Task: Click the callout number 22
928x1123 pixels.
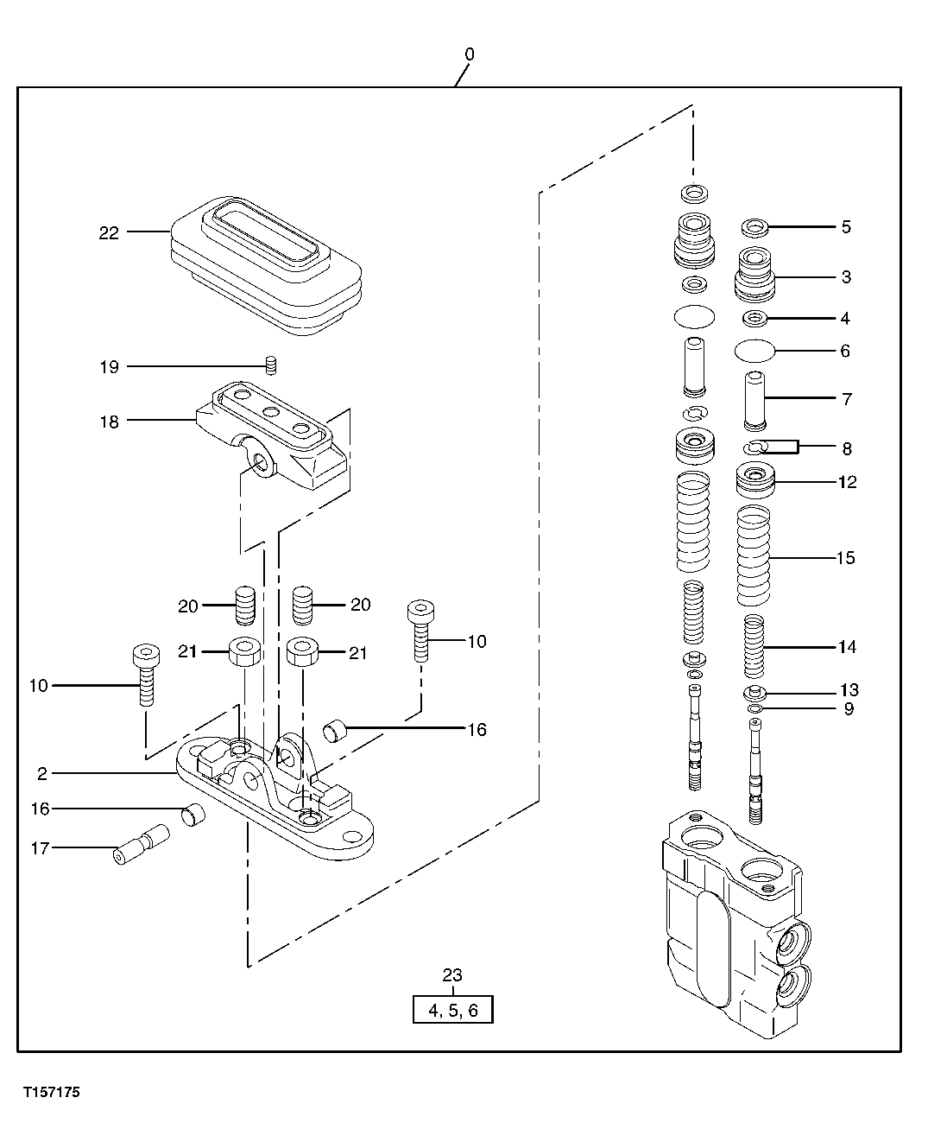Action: click(x=109, y=232)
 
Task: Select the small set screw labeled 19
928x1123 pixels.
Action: click(x=270, y=365)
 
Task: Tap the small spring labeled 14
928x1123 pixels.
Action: click(x=754, y=646)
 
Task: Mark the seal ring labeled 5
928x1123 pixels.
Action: click(x=755, y=227)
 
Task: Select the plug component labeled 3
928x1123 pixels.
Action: click(x=755, y=275)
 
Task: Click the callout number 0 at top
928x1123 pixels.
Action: click(x=469, y=54)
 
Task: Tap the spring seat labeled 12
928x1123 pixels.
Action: click(x=755, y=479)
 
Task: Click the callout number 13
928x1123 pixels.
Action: click(x=849, y=690)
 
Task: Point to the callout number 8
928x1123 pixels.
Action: click(x=847, y=448)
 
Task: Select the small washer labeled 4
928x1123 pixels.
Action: click(x=755, y=319)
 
